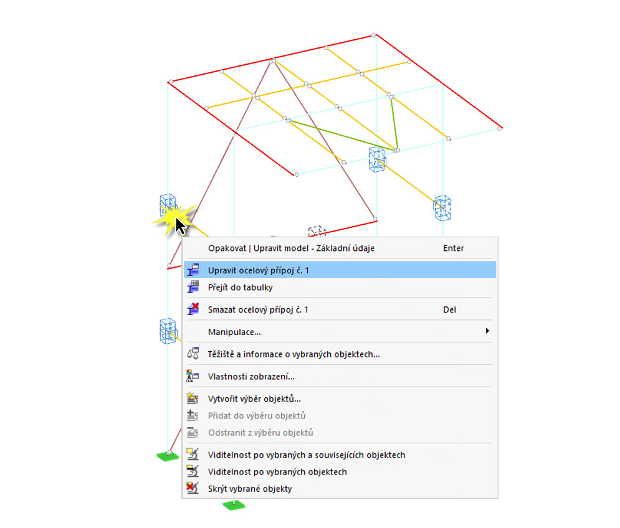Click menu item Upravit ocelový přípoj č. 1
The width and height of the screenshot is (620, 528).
coord(258,271)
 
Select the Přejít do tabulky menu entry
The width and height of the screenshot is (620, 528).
coord(240,287)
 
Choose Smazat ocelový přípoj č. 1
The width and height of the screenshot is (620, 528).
coord(258,310)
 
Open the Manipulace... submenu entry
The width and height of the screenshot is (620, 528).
coord(234,332)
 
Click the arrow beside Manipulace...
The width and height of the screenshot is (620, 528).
coord(487,331)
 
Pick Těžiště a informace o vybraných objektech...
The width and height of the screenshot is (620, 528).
coord(293,354)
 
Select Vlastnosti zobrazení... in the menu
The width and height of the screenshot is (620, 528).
coord(251,377)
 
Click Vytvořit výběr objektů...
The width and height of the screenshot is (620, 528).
coord(254,398)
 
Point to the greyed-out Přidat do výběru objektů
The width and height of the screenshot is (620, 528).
coord(257,416)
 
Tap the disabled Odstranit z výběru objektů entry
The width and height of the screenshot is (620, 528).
coord(260,433)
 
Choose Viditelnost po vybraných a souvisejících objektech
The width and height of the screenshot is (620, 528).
coord(307,455)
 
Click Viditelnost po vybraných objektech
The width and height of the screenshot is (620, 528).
coord(277,472)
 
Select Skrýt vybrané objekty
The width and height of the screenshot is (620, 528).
coord(250,489)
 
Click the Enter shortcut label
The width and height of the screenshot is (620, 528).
coord(453,248)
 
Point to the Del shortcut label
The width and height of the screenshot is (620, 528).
coord(450,310)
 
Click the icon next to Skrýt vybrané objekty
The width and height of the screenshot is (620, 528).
coord(193,489)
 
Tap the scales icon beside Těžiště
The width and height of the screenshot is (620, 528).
coord(193,354)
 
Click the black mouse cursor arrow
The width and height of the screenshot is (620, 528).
coord(180,227)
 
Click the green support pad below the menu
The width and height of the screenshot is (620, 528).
coord(234,505)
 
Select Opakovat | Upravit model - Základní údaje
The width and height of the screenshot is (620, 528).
coord(292,248)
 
